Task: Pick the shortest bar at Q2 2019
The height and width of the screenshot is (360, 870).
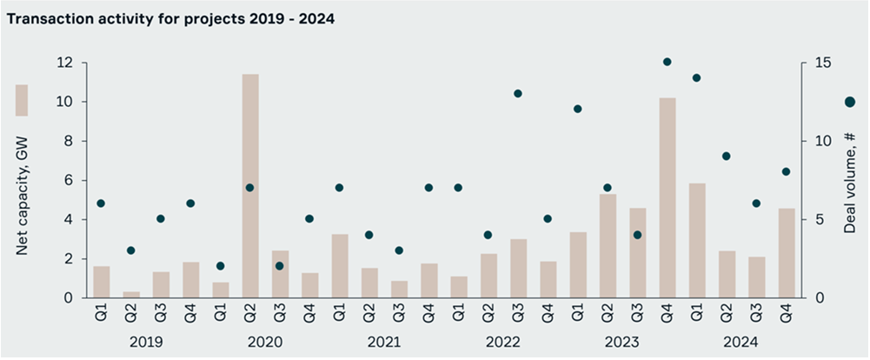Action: click(130, 295)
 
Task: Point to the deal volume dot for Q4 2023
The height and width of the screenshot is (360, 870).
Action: click(667, 62)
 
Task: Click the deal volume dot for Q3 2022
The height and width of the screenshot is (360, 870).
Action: click(517, 93)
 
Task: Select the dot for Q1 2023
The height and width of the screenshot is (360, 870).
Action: click(577, 109)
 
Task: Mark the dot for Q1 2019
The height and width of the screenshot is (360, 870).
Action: click(101, 203)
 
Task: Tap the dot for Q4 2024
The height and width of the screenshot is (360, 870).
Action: click(786, 171)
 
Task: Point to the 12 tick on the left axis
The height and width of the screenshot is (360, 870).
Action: click(64, 63)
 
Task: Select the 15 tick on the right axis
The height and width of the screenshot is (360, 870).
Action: click(821, 63)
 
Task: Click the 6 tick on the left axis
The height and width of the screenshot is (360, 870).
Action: click(69, 181)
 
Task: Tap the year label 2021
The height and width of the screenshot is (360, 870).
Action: click(382, 342)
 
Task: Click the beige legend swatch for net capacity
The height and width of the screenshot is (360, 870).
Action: click(22, 100)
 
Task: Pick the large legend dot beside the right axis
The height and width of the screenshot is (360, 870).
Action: click(850, 102)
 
